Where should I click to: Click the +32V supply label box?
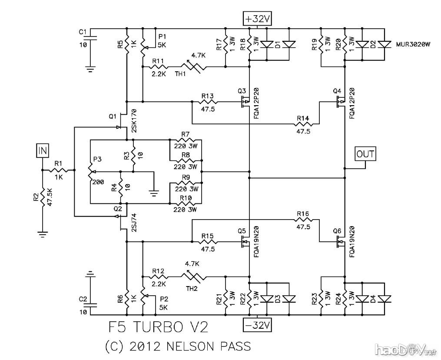[x=258, y=19]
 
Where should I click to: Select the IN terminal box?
[x=43, y=151]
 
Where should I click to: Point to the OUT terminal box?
[x=365, y=153]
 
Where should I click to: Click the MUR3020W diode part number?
[x=414, y=44]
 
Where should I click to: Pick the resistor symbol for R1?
[x=58, y=170]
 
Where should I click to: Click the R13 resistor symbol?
[x=207, y=102]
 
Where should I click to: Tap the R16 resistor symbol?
[x=303, y=220]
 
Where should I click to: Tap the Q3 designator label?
[x=242, y=91]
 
